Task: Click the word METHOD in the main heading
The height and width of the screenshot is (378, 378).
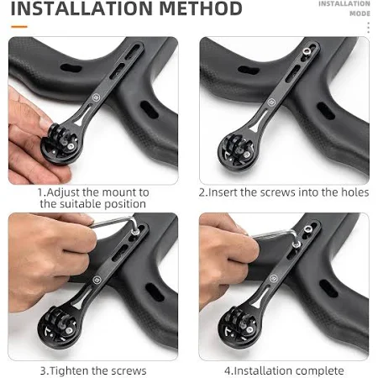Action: (x=201, y=8)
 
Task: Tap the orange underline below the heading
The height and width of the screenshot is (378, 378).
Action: (x=19, y=27)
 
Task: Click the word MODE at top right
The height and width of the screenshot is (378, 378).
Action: (x=360, y=13)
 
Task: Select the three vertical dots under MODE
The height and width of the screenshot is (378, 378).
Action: (x=368, y=28)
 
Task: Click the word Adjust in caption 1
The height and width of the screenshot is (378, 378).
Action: (x=63, y=192)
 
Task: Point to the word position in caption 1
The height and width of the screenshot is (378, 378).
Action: (x=125, y=204)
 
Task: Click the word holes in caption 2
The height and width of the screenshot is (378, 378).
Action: (x=354, y=192)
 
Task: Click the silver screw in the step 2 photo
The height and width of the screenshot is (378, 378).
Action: (x=307, y=51)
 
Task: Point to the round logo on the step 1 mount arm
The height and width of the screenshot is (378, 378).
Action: (x=96, y=97)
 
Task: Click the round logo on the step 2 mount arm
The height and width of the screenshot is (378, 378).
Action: (x=270, y=102)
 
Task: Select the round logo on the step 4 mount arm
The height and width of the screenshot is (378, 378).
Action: (x=274, y=278)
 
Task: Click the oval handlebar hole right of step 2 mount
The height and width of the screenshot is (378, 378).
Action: (x=326, y=111)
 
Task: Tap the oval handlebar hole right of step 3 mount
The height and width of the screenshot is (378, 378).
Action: (x=155, y=291)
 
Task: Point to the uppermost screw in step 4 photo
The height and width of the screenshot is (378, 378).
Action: (x=307, y=228)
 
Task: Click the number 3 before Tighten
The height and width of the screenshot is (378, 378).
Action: (x=44, y=371)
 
